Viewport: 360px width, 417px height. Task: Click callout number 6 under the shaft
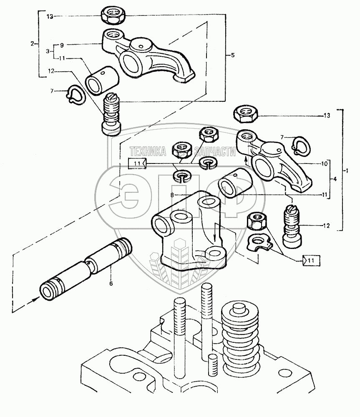[111, 284]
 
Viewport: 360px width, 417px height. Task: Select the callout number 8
[172, 195]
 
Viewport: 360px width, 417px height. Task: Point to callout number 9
[62, 45]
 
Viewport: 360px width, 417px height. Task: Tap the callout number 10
[324, 163]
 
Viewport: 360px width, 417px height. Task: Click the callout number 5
[233, 55]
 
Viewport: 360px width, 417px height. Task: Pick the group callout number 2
[33, 44]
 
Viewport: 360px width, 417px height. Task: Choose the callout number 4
[335, 179]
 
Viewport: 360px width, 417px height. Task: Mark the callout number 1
[346, 171]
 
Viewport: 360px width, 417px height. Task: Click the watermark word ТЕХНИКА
[148, 151]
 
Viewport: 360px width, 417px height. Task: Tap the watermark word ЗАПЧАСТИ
[215, 152]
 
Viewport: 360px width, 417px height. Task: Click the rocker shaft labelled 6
[86, 269]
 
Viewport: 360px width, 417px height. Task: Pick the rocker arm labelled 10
[274, 160]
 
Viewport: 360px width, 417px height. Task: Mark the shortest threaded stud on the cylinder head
[212, 365]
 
